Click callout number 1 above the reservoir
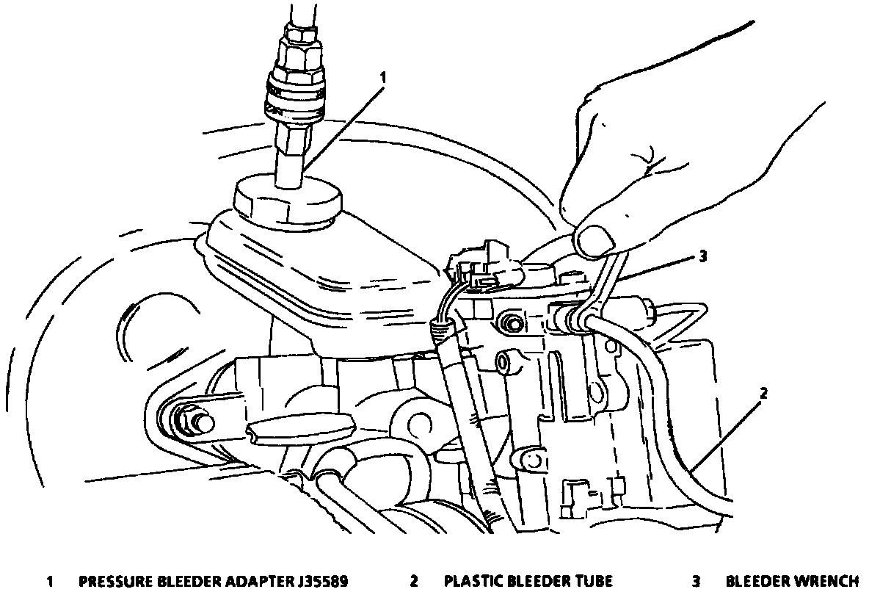(382, 76)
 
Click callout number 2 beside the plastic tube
(763, 393)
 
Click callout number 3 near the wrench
(703, 256)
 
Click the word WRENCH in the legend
(826, 582)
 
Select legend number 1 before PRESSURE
(50, 582)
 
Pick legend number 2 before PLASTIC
(414, 582)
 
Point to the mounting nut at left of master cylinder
(193, 422)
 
